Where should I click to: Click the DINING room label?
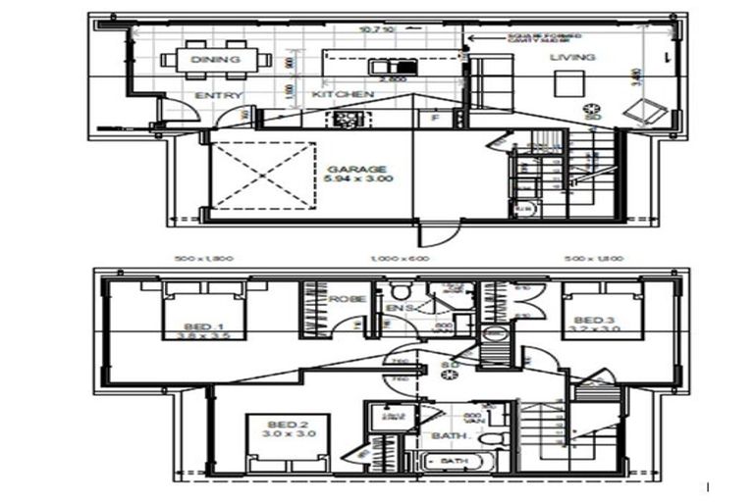[x=216, y=60]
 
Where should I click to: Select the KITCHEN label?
[x=343, y=94]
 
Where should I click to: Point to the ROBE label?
[x=347, y=299]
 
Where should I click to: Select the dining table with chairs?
[x=216, y=60]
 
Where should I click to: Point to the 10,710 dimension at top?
[x=377, y=30]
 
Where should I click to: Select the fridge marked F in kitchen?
[x=435, y=118]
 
